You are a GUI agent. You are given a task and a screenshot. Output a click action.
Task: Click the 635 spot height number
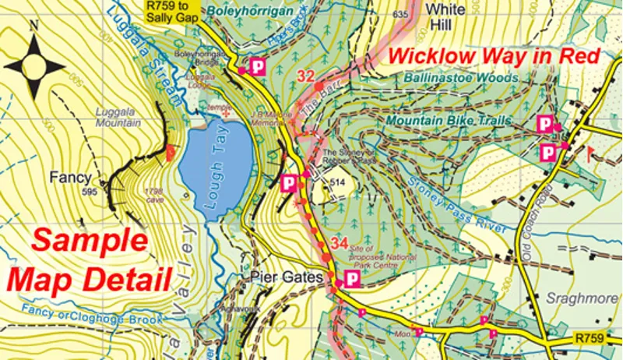click(x=401, y=15)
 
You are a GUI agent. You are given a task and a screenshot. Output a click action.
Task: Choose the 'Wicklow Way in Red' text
click(x=494, y=56)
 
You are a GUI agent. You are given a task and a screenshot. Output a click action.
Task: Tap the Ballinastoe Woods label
click(x=461, y=78)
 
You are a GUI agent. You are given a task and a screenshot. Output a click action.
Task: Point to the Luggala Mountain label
click(x=118, y=118)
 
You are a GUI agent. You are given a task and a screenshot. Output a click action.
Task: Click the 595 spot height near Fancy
click(x=91, y=192)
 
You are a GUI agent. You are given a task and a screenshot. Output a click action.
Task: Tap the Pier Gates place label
click(x=280, y=277)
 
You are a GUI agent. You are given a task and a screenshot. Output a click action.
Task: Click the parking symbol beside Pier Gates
click(x=352, y=278)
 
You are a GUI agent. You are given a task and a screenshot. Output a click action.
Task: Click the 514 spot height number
click(x=337, y=182)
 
